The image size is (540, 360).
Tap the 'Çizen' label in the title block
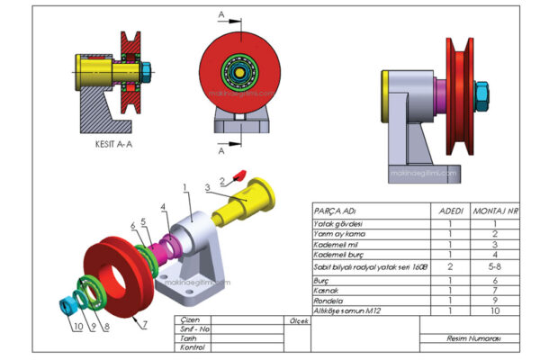190,319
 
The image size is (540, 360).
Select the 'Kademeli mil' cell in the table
332,245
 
